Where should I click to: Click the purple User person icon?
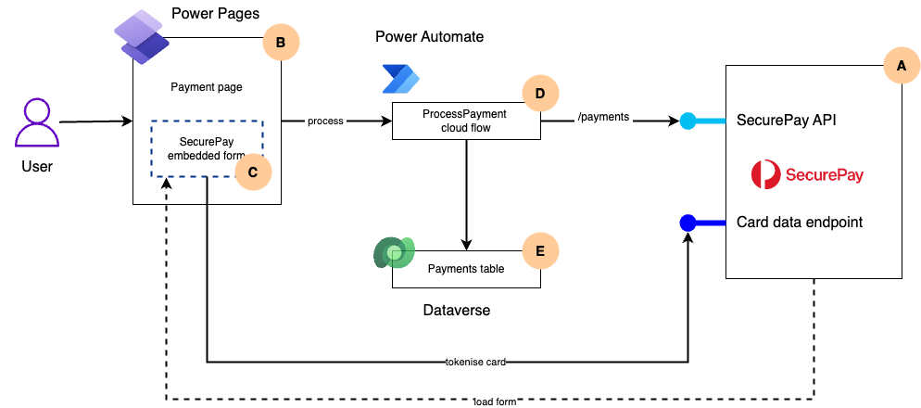point(37,123)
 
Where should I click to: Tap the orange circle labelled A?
point(896,66)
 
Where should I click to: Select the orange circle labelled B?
point(282,42)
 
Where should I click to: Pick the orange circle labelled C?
point(253,172)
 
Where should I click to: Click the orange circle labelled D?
point(540,93)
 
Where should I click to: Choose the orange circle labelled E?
point(540,250)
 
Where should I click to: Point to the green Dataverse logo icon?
point(393,254)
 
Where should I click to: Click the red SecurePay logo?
point(806,173)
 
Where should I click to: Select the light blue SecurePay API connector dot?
point(688,121)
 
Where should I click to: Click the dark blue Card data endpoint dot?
point(688,223)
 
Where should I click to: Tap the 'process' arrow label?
point(325,121)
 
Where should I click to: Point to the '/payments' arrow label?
point(603,117)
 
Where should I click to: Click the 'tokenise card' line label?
point(475,361)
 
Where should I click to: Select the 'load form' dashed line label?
point(494,401)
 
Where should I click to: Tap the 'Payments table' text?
point(465,269)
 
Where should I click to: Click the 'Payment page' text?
point(207,87)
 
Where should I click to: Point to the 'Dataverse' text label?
point(450,311)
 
